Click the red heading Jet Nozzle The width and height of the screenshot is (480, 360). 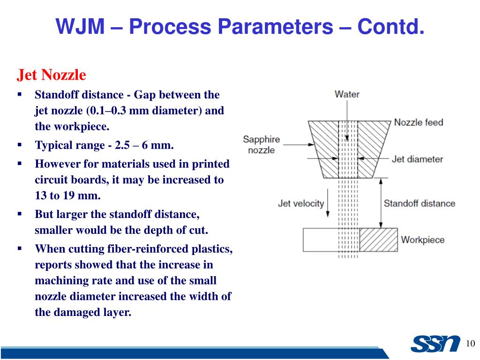pyautogui.click(x=52, y=75)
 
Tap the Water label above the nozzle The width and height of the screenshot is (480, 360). pyautogui.click(x=347, y=94)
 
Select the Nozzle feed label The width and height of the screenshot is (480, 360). pyautogui.click(x=418, y=122)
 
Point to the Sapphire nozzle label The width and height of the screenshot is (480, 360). pyautogui.click(x=261, y=144)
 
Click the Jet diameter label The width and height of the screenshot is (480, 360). pyautogui.click(x=417, y=159)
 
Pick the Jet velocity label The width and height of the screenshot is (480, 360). pyautogui.click(x=301, y=203)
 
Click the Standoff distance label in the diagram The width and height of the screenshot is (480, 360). pyautogui.click(x=419, y=203)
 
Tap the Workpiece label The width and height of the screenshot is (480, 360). pyautogui.click(x=422, y=240)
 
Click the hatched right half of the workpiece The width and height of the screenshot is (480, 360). pyautogui.click(x=378, y=240)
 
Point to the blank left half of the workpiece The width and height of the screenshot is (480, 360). pyautogui.click(x=320, y=240)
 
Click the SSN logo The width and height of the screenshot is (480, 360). pyautogui.click(x=435, y=344)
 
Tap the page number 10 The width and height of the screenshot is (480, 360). pyautogui.click(x=471, y=343)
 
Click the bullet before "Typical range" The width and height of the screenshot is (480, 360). pyautogui.click(x=20, y=145)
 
